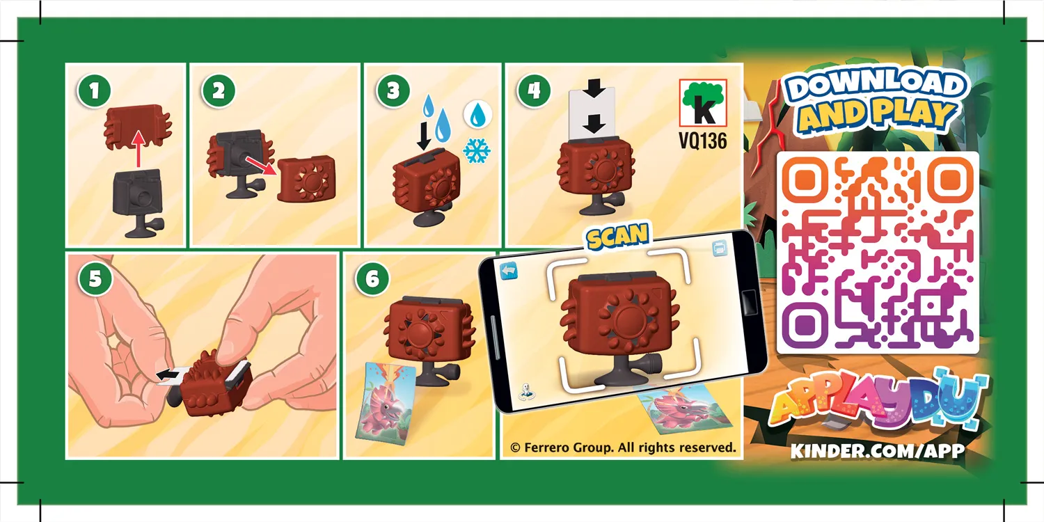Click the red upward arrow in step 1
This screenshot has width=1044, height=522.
click(139, 148)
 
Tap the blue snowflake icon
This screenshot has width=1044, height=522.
click(477, 151)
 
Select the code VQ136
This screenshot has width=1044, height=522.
click(702, 141)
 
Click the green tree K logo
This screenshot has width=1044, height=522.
click(702, 102)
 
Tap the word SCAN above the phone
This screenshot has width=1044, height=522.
click(617, 237)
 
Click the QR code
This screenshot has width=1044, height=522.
click(878, 252)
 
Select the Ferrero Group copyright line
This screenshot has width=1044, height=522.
click(622, 448)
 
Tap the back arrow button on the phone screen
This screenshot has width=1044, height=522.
click(511, 269)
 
